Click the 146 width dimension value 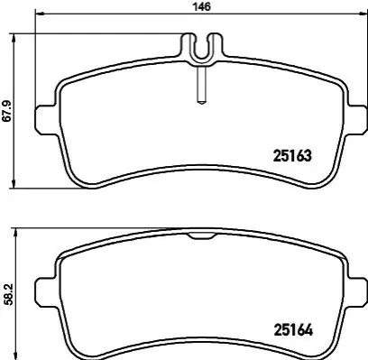[202, 6]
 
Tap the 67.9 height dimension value [7, 111]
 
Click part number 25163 [292, 156]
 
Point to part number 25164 [293, 330]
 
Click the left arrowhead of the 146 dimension [40, 14]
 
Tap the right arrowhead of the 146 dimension [363, 14]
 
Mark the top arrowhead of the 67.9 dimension [14, 38]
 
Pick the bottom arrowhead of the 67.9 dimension [14, 184]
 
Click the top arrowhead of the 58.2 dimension [15, 232]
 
